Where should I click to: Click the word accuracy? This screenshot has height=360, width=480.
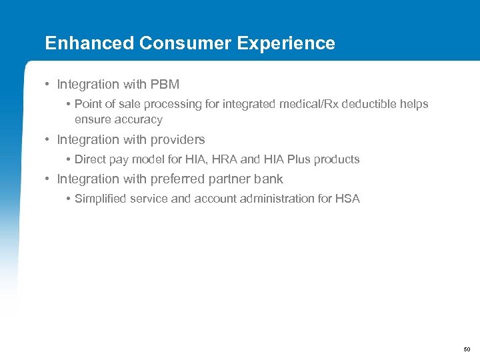pos(138,120)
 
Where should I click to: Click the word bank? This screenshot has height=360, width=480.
pos(269,179)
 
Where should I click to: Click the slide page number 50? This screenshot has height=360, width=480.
pos(466,349)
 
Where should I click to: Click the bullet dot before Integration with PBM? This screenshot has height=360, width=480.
pos(48,85)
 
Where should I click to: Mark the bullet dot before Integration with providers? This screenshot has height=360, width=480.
pos(48,140)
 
